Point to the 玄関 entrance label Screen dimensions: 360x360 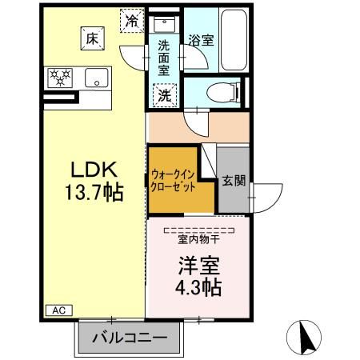(233, 181)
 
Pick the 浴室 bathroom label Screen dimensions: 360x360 (200, 39)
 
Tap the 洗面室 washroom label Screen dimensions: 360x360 (163, 58)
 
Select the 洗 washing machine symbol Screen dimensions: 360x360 (163, 94)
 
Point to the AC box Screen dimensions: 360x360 (58, 310)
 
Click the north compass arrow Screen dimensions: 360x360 (305, 337)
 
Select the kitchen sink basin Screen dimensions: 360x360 (98, 78)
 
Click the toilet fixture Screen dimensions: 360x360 (226, 91)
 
